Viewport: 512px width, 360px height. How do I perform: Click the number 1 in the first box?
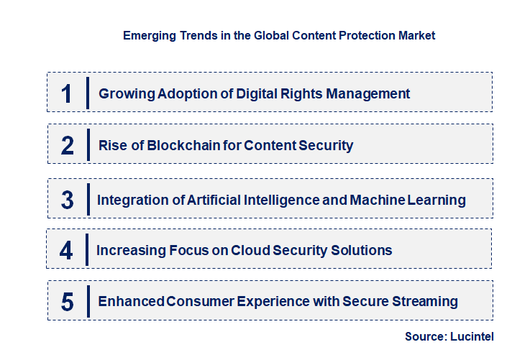pos(67,93)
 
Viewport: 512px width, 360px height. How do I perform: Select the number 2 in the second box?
pos(68,145)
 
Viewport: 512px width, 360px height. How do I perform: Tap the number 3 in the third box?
pos(67,200)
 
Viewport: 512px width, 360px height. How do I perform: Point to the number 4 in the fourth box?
pos(66,250)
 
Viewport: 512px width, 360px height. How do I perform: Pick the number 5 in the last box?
pos(67,302)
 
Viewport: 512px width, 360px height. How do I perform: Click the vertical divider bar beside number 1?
pos(87,93)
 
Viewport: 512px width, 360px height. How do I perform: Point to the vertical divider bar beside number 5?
pos(87,300)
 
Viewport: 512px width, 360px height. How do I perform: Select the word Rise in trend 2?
pos(111,145)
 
